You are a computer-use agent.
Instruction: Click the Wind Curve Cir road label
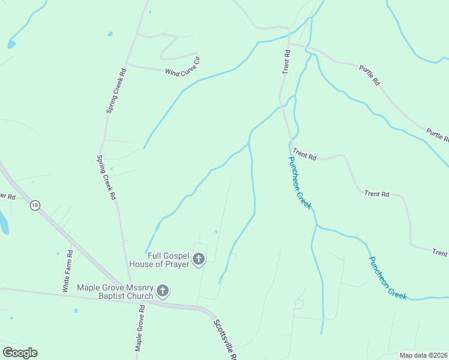point(182,66)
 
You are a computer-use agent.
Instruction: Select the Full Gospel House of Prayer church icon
point(198,260)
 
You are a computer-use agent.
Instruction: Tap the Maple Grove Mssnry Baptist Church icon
point(162,292)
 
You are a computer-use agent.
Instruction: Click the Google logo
point(20,353)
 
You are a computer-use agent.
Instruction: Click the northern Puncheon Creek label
point(300,182)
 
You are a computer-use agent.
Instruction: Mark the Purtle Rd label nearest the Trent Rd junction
point(370,73)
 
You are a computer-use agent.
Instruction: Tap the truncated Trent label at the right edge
point(440,253)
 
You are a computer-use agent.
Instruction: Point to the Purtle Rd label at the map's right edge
point(437,134)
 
